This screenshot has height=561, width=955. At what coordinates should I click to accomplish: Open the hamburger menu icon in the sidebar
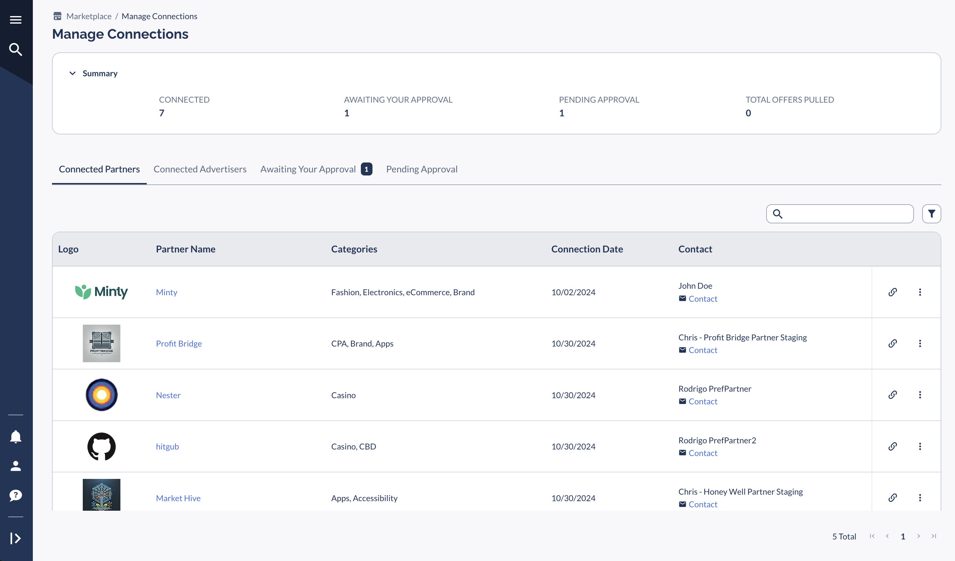tap(15, 20)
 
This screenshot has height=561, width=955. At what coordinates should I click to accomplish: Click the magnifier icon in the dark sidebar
tap(15, 49)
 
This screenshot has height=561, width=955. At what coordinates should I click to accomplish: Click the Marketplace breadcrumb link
tap(89, 16)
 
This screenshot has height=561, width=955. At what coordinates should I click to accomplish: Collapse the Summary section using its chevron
tap(73, 73)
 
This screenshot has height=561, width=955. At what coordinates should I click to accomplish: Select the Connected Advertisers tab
tap(200, 169)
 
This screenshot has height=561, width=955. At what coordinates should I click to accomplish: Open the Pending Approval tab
tap(422, 169)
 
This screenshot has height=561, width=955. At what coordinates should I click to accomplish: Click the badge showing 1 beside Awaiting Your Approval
tap(366, 169)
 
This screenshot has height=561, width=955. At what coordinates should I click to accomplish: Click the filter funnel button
tap(931, 214)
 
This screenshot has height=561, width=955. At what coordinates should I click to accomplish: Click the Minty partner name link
tap(166, 292)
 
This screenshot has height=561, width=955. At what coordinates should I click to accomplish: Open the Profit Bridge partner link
tap(179, 343)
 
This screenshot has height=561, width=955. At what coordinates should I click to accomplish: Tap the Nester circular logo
tap(102, 395)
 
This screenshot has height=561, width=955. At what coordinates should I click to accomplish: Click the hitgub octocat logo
tap(102, 446)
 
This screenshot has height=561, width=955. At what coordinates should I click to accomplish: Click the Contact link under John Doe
tap(703, 299)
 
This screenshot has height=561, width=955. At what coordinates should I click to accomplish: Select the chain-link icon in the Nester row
tap(892, 395)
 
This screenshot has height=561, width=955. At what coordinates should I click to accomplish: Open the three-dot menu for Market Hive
tap(920, 498)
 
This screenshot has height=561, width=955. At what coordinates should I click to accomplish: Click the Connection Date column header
tap(587, 249)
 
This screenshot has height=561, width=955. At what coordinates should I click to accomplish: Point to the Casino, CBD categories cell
tap(353, 446)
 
